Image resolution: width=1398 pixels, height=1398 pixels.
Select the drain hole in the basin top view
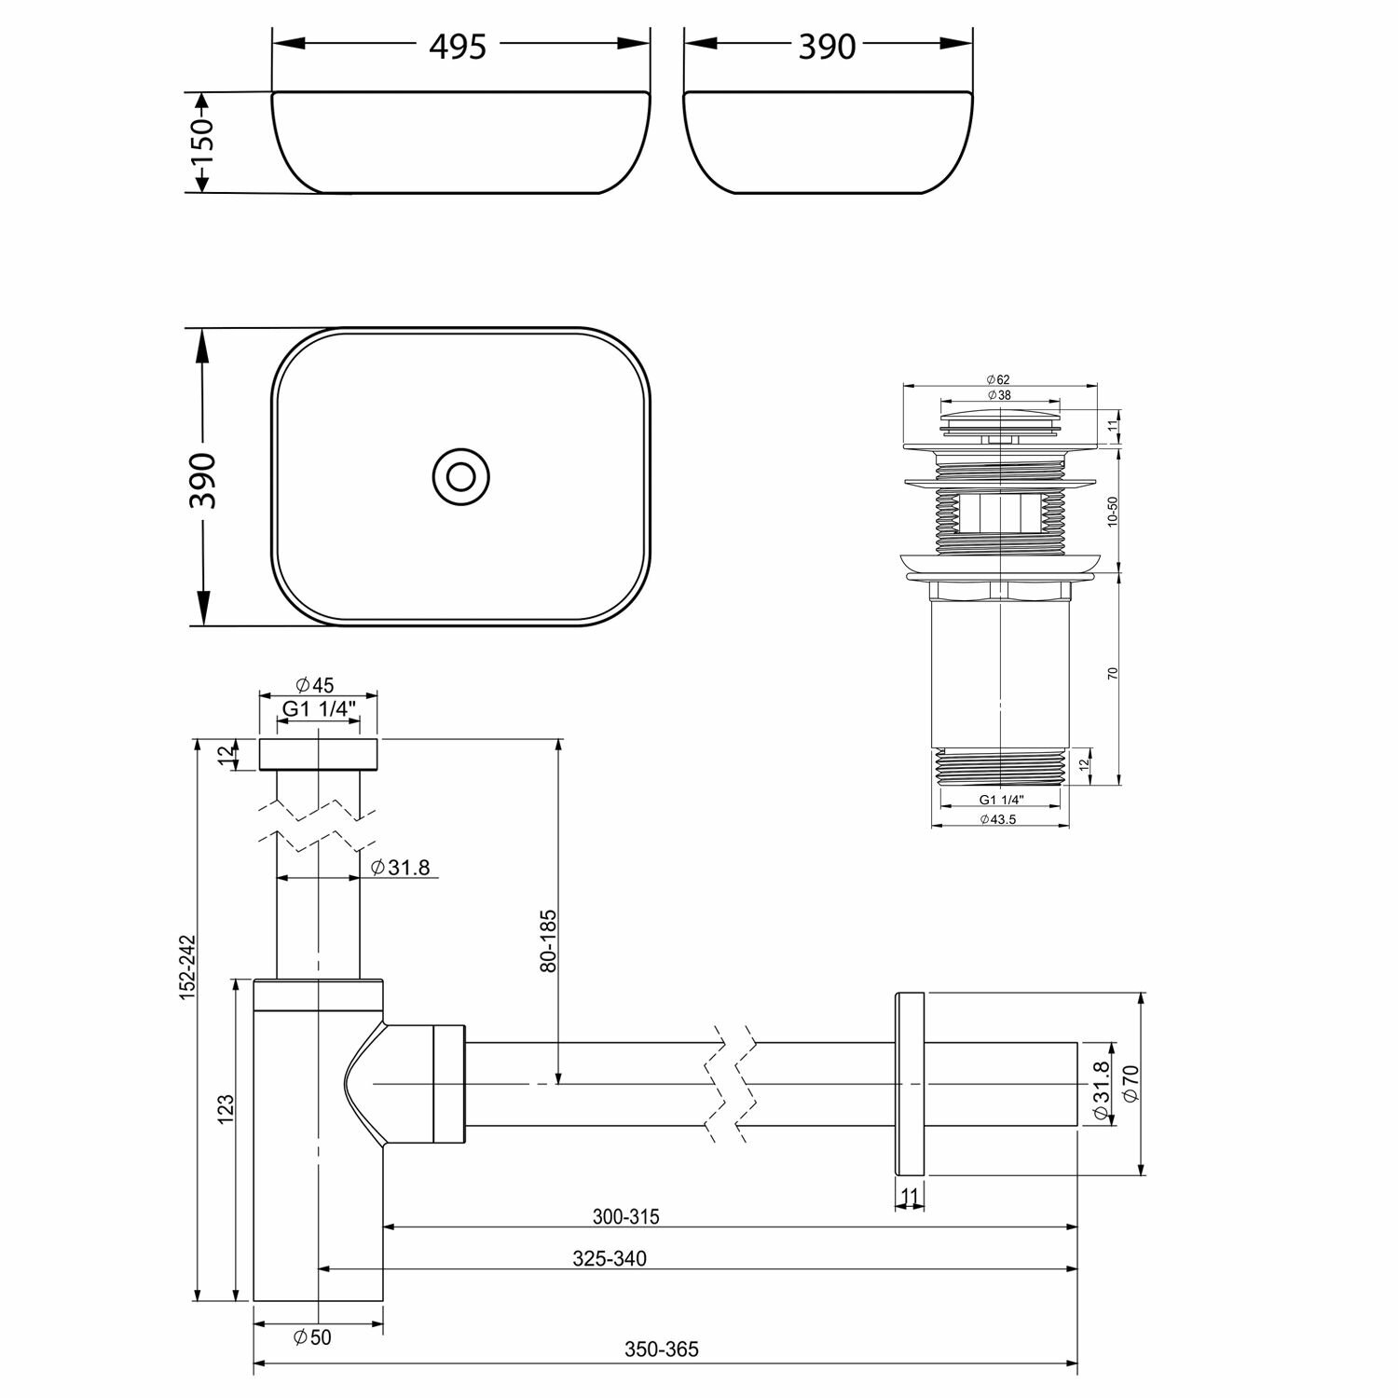[460, 476]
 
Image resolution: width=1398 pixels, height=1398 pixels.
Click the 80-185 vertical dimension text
[549, 941]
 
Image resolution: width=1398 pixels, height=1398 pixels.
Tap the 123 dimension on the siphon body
[226, 1109]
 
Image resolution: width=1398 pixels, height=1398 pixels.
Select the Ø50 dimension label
[312, 1337]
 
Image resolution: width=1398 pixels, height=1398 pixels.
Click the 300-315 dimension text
[626, 1216]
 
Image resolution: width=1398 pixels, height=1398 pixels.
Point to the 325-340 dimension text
[610, 1258]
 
